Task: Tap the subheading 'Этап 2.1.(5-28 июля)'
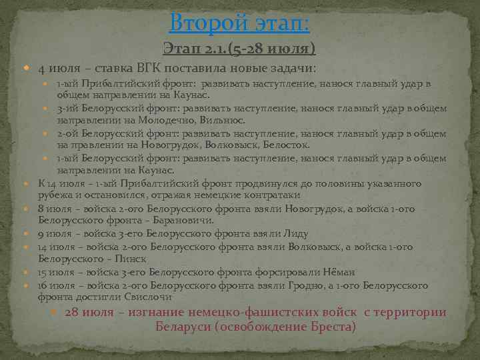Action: [239, 49]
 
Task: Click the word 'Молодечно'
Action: [164, 120]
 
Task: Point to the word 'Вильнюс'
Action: [220, 120]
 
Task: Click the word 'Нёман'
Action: [337, 272]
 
